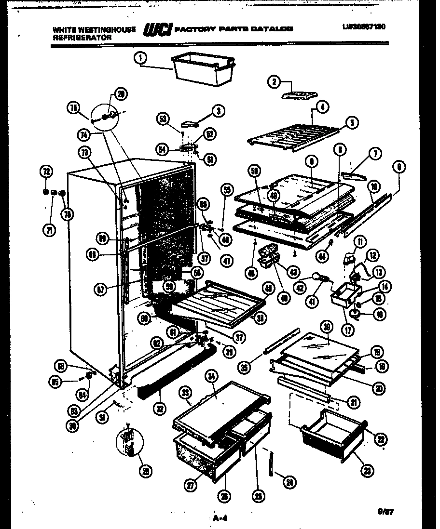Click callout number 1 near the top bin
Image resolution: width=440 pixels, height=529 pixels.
coord(140,59)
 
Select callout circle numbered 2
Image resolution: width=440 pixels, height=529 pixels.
coord(274,82)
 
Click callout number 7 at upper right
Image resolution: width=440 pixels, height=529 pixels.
coord(374,154)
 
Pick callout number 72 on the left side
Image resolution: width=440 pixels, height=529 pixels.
coord(46,171)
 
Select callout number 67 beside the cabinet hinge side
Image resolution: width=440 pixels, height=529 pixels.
coord(99,290)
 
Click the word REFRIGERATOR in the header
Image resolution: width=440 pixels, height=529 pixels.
coord(82,37)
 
